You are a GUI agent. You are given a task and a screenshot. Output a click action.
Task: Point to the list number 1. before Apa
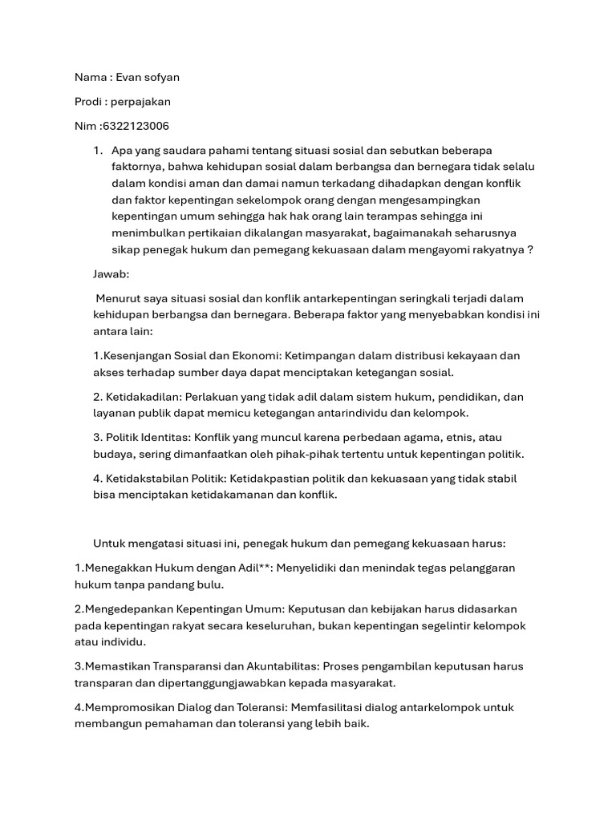point(99,151)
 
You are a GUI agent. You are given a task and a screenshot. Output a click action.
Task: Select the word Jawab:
point(111,273)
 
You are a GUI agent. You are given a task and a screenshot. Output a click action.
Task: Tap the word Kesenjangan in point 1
point(138,355)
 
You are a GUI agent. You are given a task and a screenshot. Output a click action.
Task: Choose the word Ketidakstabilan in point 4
point(150,479)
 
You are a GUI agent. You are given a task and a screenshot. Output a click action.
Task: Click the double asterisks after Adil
point(266,568)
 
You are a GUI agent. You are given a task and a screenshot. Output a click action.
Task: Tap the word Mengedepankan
point(124,609)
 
